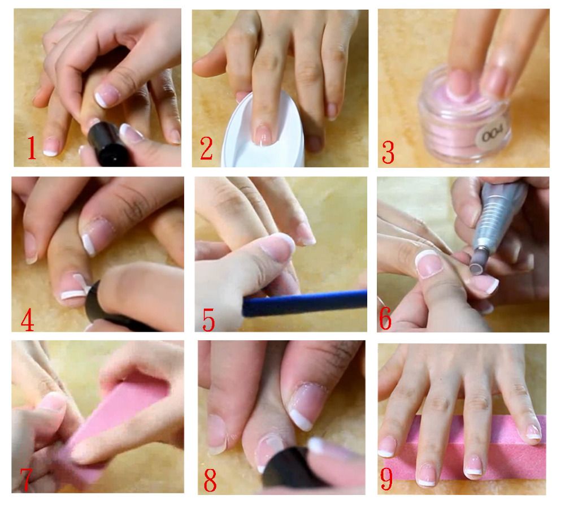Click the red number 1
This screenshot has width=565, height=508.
click(32, 147)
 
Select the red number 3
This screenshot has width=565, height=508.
click(388, 152)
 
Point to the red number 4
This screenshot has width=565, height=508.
click(28, 320)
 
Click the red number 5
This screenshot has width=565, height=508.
click(208, 320)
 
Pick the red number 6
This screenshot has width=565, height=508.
click(385, 319)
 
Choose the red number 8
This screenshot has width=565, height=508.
click(210, 480)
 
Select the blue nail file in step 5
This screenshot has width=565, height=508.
click(305, 303)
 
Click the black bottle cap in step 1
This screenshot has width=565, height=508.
click(107, 144)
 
